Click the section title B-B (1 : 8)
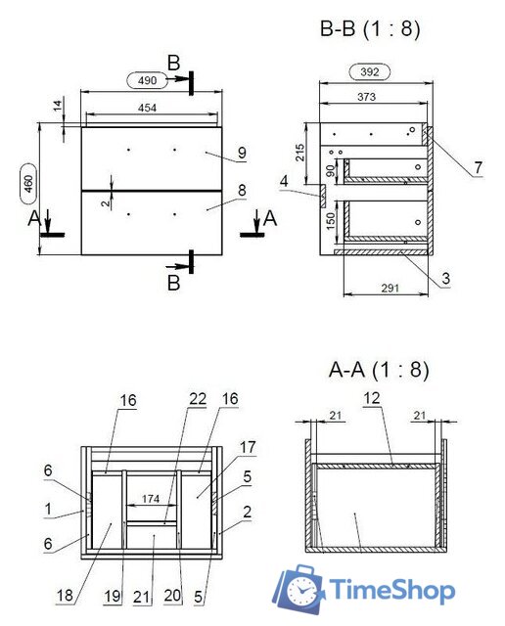click(370, 30)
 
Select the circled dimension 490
click(147, 80)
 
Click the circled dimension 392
click(370, 71)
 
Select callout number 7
click(477, 168)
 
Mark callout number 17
click(247, 446)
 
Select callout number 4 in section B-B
click(283, 180)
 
